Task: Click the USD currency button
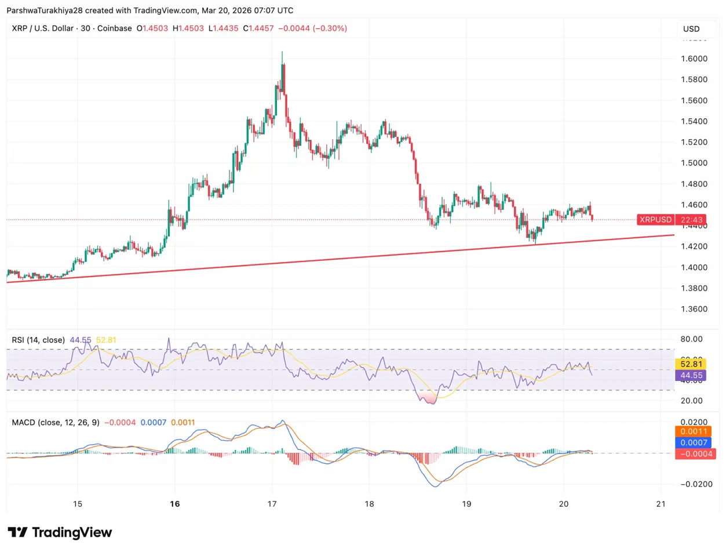[x=691, y=29]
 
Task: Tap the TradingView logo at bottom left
[x=60, y=532]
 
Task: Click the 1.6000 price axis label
[x=694, y=59]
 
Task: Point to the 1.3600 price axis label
[x=694, y=309]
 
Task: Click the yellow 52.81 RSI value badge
[x=690, y=364]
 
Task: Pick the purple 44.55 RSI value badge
[x=690, y=375]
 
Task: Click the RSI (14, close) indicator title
[x=38, y=340]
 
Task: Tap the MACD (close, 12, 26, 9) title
[x=55, y=422]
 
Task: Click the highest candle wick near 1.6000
[x=282, y=53]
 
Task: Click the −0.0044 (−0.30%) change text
[x=313, y=28]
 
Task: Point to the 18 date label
[x=370, y=503]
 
